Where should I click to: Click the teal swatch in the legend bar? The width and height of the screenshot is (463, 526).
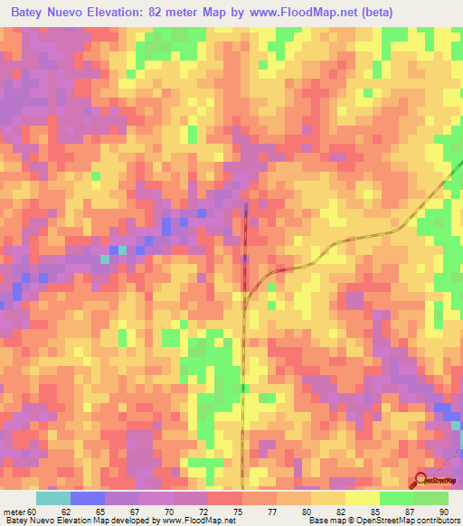click(52, 497)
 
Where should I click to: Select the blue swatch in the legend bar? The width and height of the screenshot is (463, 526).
click(88, 497)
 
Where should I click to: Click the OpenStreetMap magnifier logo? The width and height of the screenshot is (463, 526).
click(420, 479)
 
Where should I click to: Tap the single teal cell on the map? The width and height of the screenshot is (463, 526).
click(104, 259)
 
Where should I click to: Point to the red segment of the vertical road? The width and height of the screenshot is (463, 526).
click(245, 244)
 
